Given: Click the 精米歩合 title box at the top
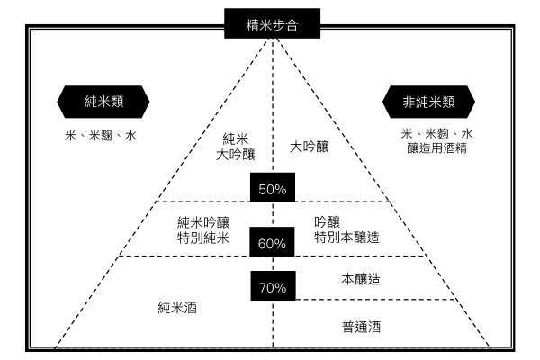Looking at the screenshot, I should click(x=271, y=24).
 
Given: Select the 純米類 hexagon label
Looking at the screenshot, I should click(x=100, y=102).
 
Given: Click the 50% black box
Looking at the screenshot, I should click(x=272, y=189).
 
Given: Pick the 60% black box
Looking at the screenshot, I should click(x=272, y=243).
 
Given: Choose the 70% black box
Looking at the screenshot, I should click(x=272, y=288).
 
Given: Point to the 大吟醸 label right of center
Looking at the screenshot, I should click(x=309, y=145).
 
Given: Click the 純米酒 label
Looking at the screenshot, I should click(x=177, y=308).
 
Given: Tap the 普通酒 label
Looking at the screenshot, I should click(x=363, y=326).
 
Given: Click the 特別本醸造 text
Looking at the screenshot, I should click(x=346, y=238).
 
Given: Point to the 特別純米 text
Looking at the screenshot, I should click(x=204, y=238).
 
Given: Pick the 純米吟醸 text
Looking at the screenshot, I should click(x=204, y=221).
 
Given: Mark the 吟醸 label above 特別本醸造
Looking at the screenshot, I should click(x=327, y=221).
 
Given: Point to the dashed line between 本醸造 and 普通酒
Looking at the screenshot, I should click(x=378, y=300).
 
